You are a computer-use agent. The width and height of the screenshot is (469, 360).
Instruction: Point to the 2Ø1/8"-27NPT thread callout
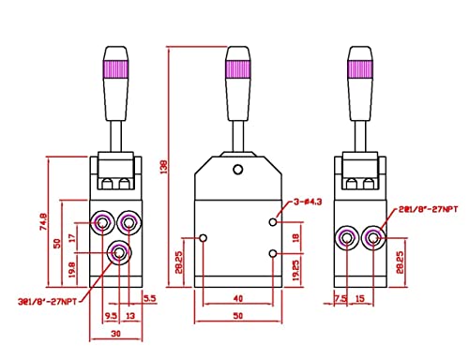pos(428,207)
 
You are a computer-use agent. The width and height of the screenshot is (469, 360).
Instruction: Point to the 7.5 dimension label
pos(341,301)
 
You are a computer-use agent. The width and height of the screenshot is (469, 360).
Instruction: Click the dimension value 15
pos(361,301)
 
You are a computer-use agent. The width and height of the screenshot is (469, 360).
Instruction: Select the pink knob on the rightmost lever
pos(359,68)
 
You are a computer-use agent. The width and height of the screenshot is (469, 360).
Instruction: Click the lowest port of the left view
pos(118,251)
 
